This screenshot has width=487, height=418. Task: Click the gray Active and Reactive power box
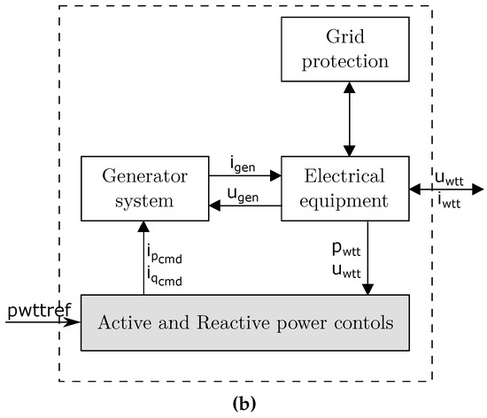click(246, 322)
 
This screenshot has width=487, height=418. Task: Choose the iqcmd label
click(162, 276)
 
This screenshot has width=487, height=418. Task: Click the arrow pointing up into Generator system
click(143, 257)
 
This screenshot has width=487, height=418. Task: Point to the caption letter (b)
click(243, 403)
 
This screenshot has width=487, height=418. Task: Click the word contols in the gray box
click(362, 322)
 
